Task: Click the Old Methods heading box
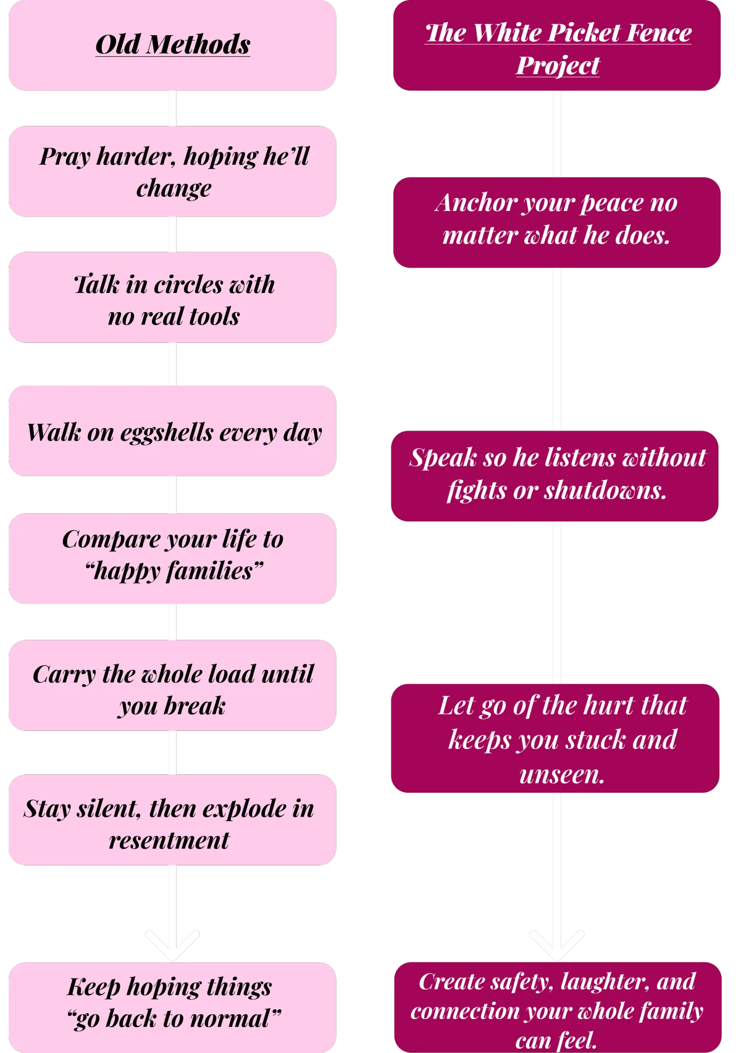pos(172,46)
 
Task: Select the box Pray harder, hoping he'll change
pos(172,171)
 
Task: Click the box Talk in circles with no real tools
pos(172,299)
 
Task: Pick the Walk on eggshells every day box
pos(172,432)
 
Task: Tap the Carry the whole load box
pos(172,686)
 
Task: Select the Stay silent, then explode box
pos(172,821)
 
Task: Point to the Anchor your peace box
pos(557,223)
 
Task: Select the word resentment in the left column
pos(169,840)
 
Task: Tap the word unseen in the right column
pos(561,774)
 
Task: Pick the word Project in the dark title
pos(558,65)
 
